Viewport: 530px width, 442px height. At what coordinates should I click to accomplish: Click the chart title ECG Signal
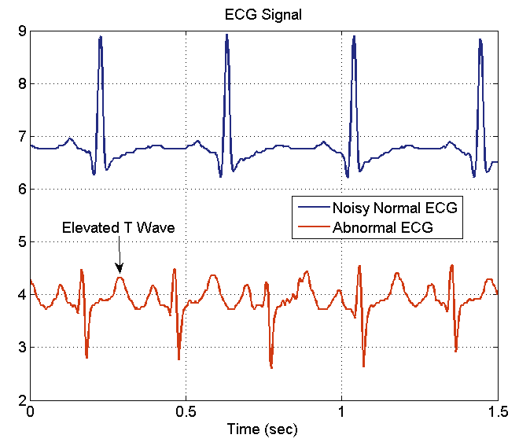(263, 13)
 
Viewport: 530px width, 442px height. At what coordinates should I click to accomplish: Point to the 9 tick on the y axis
(22, 31)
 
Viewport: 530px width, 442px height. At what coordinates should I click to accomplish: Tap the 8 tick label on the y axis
(22, 84)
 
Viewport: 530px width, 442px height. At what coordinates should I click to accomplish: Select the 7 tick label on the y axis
(22, 137)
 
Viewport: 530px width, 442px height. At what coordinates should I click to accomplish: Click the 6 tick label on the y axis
(22, 190)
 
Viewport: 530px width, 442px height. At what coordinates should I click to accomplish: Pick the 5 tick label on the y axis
(22, 242)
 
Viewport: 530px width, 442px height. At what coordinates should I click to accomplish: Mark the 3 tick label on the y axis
(22, 348)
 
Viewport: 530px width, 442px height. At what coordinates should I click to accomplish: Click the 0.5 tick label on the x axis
(186, 412)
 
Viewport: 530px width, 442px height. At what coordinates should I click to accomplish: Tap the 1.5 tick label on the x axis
(497, 412)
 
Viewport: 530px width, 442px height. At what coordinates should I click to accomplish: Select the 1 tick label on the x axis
(341, 412)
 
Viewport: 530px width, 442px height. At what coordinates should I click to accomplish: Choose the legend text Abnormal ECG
(384, 227)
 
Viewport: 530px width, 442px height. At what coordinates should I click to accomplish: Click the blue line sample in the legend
(312, 208)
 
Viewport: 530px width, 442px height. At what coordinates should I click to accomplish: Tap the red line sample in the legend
(312, 227)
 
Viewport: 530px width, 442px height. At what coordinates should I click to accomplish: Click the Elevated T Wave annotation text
(118, 227)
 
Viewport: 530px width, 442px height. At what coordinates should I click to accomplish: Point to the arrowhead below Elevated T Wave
(119, 270)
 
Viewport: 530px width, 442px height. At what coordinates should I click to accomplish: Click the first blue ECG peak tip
(100, 37)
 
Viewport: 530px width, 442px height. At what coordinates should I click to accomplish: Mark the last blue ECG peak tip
(480, 39)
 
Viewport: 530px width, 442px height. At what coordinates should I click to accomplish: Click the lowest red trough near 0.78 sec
(271, 367)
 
